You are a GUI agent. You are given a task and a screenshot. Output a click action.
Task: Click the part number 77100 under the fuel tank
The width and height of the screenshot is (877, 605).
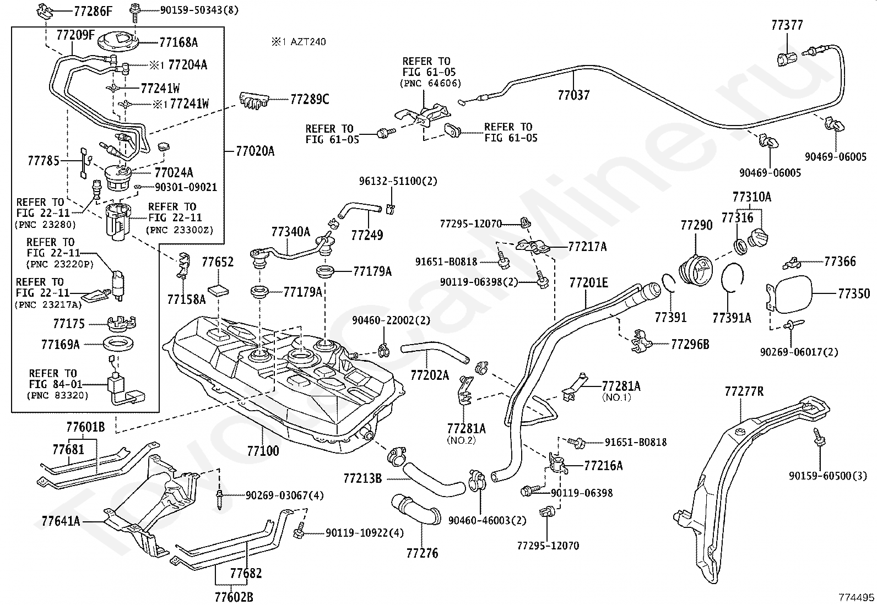point(263,451)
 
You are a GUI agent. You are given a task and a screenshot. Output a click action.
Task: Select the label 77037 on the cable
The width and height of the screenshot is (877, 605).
point(573,95)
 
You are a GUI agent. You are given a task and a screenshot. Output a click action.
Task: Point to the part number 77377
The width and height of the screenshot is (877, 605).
point(787,25)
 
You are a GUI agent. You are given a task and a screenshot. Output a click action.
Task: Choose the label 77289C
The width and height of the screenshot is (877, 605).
point(310,100)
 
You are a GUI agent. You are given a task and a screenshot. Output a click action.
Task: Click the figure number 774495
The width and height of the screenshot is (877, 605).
point(856,597)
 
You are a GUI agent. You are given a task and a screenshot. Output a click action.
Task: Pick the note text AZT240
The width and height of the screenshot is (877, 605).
point(308,42)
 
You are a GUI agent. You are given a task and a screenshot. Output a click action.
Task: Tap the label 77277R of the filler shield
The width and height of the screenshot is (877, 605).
point(744,391)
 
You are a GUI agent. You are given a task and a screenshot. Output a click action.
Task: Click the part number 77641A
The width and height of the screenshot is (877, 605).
point(61,521)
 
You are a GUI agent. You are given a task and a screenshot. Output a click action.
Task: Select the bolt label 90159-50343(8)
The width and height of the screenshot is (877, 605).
point(199,10)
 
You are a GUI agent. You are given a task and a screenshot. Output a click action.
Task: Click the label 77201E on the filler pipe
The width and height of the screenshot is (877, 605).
point(589,282)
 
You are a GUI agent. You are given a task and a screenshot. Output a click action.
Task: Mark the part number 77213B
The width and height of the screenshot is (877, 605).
point(362,478)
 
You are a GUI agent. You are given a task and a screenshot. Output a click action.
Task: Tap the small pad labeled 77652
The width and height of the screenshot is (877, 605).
point(219,291)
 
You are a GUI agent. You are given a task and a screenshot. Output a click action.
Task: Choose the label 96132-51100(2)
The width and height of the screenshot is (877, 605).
point(398,181)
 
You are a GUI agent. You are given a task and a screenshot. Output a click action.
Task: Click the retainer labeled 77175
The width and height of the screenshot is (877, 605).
point(122,323)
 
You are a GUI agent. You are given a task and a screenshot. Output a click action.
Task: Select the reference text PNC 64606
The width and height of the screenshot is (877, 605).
point(431,83)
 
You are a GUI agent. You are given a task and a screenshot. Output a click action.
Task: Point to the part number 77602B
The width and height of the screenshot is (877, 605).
point(234,597)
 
